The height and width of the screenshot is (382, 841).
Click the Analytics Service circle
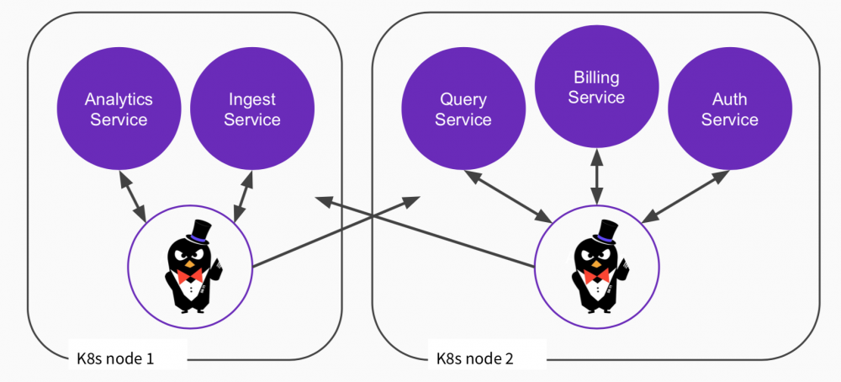point(119,109)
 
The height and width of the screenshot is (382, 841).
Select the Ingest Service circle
point(252,109)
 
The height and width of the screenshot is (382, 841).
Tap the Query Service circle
point(463,109)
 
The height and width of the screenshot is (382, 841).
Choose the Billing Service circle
point(596,88)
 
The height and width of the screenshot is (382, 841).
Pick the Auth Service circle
point(729,109)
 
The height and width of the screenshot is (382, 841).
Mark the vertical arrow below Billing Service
point(597,176)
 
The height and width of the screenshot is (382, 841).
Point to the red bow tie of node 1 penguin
point(189,275)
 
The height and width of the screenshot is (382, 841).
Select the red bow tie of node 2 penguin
point(596,275)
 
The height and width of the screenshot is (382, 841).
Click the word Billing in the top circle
point(596,78)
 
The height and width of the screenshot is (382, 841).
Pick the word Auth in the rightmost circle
point(729,99)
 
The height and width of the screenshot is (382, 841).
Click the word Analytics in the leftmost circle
point(119,99)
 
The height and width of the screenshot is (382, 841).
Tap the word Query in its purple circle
point(463,99)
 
